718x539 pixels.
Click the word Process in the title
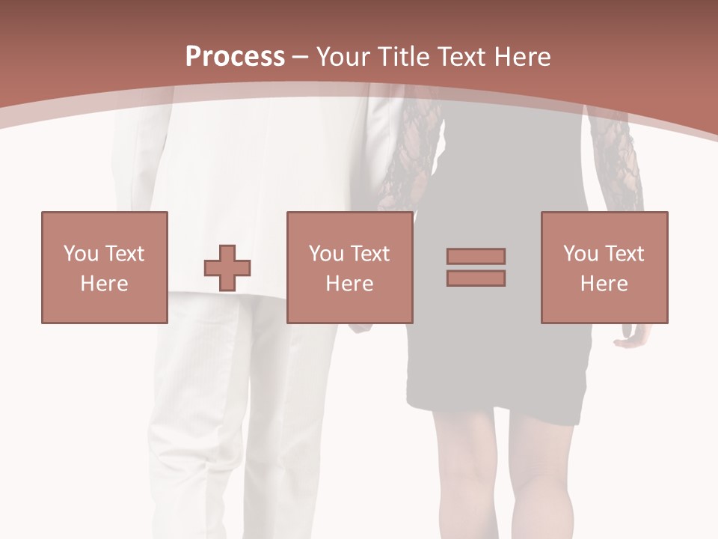coord(235,57)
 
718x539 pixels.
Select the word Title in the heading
coord(405,57)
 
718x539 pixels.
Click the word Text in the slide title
coord(465,57)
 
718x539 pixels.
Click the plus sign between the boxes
coord(227,267)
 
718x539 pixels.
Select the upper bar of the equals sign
coord(476,256)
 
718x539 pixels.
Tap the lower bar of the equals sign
coord(476,278)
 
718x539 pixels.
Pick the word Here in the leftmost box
coord(104,284)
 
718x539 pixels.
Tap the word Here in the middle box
coord(349,284)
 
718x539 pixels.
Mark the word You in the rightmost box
coord(580,254)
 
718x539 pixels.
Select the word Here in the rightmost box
coord(604,284)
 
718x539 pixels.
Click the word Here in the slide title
coord(524,57)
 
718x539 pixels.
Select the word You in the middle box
coord(326,254)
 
